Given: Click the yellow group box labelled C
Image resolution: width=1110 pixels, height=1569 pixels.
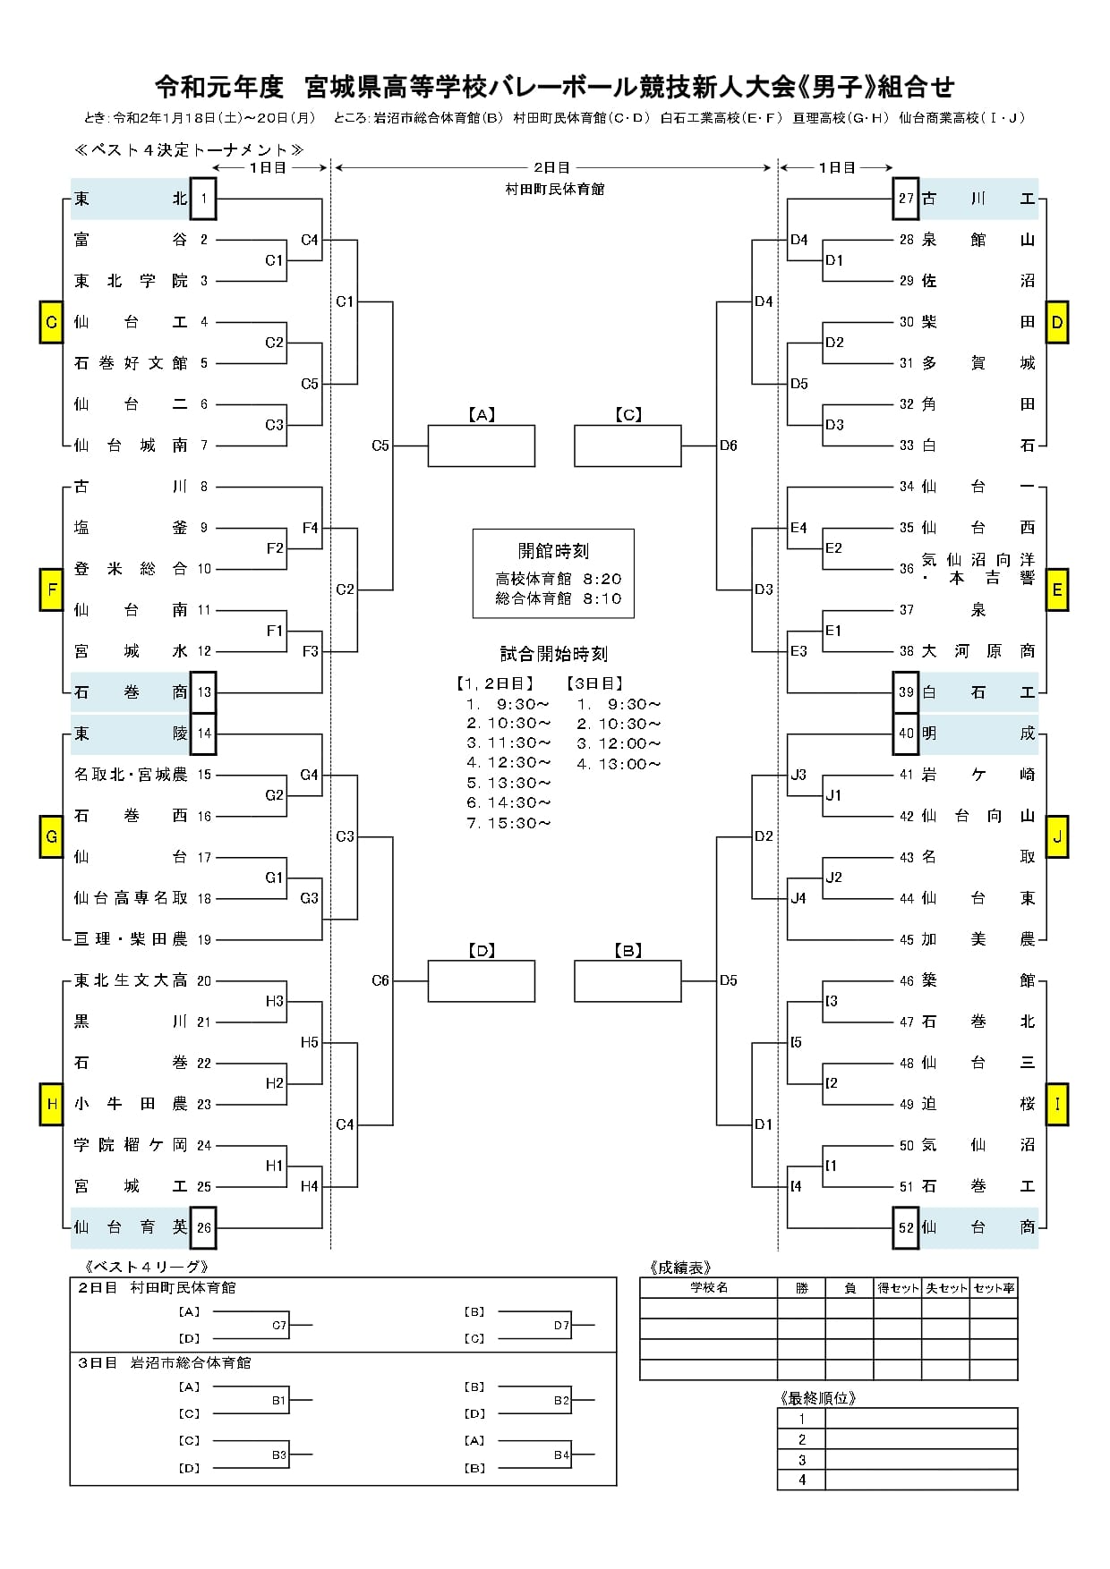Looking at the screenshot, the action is point(51,322).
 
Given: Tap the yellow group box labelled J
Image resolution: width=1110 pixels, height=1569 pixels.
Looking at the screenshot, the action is point(1057,837).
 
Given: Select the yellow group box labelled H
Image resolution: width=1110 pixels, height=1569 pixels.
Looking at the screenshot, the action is point(51,1104).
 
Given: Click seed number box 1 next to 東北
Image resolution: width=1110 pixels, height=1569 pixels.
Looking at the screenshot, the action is point(203,199).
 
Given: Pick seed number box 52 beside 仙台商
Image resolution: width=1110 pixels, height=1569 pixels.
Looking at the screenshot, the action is point(906,1227).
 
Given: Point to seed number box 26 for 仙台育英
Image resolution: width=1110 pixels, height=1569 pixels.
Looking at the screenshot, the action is point(203,1227).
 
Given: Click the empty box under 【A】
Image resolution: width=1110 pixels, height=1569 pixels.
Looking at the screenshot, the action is point(482,445).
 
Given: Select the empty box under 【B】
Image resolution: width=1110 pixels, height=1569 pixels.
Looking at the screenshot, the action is point(628,980).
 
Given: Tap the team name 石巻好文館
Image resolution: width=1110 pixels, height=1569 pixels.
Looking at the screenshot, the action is point(131,363).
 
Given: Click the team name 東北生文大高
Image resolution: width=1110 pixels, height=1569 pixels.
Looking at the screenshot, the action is point(131,980).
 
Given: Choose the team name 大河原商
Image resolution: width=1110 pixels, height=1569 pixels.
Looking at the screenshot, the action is point(978,651).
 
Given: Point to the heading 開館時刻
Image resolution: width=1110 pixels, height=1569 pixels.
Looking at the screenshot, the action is point(553,551).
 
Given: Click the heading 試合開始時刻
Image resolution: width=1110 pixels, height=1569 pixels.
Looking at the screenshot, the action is point(553,654).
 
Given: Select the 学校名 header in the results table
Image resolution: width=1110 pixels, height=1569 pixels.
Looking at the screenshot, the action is point(709,1287).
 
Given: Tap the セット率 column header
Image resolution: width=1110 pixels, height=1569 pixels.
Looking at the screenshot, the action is point(994,1287).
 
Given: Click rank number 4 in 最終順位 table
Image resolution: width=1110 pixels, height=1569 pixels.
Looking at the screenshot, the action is point(802,1480).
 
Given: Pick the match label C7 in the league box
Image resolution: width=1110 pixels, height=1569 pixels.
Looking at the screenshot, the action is point(279,1325).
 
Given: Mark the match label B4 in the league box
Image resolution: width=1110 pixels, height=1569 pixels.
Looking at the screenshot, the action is point(561,1455).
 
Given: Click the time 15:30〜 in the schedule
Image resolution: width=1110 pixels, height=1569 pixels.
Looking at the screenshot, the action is point(519,823).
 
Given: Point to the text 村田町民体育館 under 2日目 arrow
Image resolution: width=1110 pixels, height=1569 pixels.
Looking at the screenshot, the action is point(554,189).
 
